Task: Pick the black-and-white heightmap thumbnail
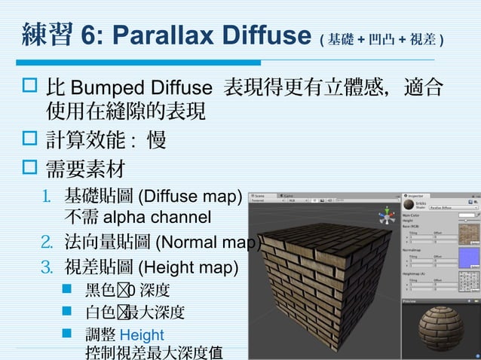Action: [469, 281]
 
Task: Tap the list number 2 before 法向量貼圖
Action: [46, 243]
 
